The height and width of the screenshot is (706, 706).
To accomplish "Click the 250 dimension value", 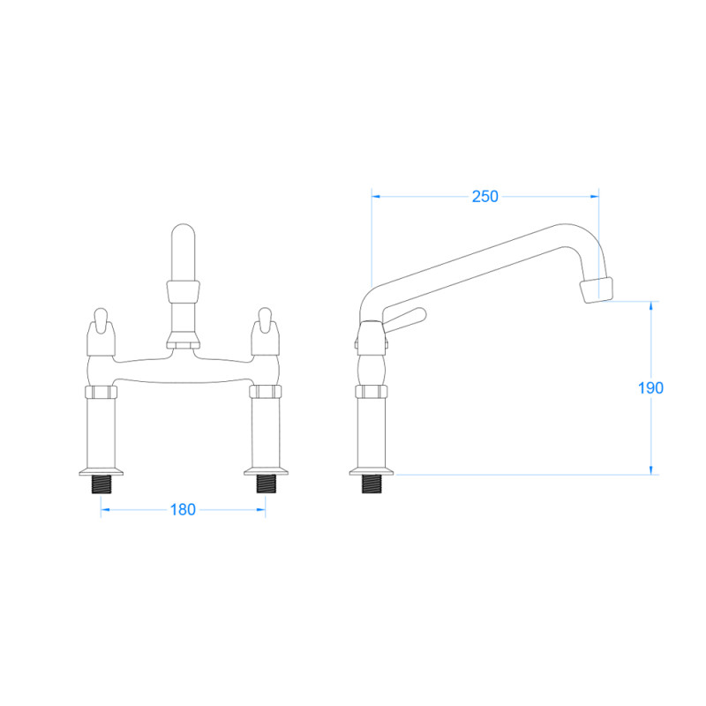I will tap(484, 197).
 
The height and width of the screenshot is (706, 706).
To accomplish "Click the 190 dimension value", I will tap(650, 387).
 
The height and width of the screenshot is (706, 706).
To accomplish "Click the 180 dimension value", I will tap(182, 509).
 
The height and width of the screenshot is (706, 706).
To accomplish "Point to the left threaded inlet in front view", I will tap(101, 483).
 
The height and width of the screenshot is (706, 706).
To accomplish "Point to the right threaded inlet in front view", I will tap(265, 483).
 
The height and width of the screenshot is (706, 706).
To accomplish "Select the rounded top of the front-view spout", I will tap(183, 238).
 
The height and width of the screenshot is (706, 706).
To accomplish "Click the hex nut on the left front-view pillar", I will tap(101, 393).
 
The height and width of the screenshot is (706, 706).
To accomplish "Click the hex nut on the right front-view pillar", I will tap(265, 393).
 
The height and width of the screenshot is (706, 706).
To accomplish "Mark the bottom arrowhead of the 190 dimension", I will tap(651, 469).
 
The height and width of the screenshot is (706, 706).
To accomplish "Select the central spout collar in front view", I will tap(183, 290).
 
